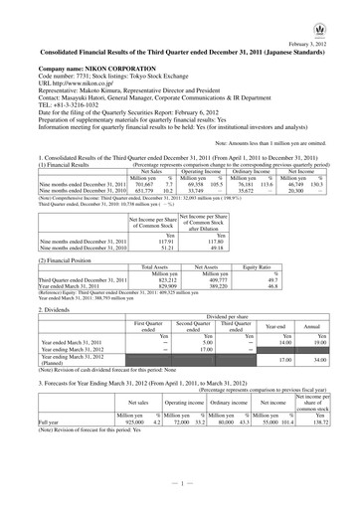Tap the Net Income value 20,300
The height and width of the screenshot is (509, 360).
tap(288, 191)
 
